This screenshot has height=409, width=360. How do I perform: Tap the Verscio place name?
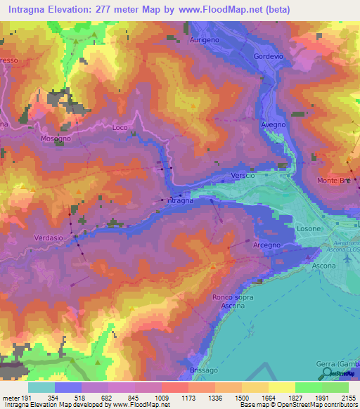[x=242, y=175]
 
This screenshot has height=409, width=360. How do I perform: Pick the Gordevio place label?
[x=267, y=56]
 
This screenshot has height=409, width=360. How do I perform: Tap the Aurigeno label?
[x=205, y=41]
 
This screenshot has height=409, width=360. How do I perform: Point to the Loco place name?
[x=120, y=127]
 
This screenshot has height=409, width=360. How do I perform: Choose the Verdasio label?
[x=49, y=238]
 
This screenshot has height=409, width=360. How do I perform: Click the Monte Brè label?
[x=333, y=181]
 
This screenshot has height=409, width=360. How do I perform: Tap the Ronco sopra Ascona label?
[x=233, y=302]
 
